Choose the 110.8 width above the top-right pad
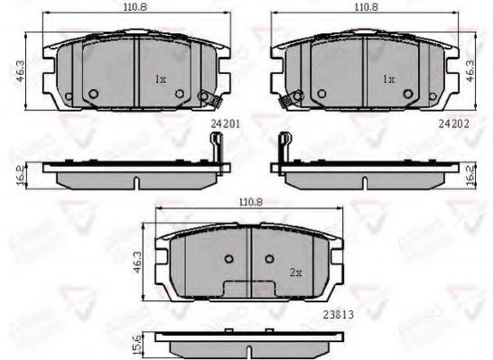point(366,7)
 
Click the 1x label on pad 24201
point(160,79)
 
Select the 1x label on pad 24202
point(388,79)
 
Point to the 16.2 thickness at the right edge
point(471,173)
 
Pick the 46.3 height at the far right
point(470,69)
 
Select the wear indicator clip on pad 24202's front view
point(288,101)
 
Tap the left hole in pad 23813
point(228,260)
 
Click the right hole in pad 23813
point(269,260)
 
